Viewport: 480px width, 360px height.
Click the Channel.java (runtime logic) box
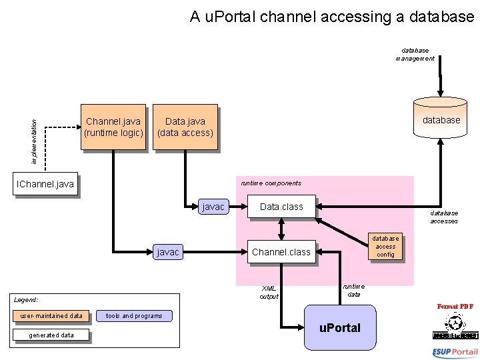(x=113, y=127)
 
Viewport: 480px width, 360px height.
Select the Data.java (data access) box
(x=185, y=127)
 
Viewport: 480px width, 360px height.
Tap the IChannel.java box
(x=45, y=184)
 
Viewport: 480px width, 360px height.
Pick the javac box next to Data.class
(x=213, y=207)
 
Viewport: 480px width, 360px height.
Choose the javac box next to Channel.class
(x=167, y=252)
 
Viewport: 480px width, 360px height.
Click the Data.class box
(x=281, y=207)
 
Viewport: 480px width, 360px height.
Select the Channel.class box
(x=281, y=252)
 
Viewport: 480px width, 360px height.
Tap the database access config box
(x=385, y=246)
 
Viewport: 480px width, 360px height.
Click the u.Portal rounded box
(x=340, y=327)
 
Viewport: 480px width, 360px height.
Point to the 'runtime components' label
(x=271, y=183)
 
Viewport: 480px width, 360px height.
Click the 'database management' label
(x=415, y=54)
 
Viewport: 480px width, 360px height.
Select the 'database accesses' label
(x=443, y=217)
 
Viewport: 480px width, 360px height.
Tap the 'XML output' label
(x=269, y=292)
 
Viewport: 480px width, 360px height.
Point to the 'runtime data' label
(x=354, y=290)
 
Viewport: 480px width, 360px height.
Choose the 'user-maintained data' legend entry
(x=51, y=315)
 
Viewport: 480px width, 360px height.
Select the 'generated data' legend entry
(x=51, y=335)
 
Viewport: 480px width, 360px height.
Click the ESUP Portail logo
(x=455, y=352)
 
